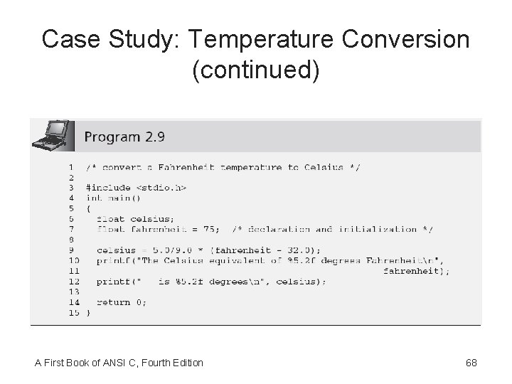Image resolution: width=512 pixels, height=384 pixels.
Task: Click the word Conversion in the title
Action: tap(405, 40)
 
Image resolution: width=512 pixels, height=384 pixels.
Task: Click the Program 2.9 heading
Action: tap(124, 135)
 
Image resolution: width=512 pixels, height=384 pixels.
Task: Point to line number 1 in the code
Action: tap(71, 168)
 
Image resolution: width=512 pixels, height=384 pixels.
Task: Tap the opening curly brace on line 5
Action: tap(88, 208)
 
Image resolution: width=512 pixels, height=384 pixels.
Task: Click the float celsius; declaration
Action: tap(136, 219)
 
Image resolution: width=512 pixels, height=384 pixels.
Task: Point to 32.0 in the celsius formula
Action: tap(302, 250)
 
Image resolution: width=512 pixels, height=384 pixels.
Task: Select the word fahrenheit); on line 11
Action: tap(416, 271)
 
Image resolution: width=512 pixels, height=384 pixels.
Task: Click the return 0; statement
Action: tap(122, 302)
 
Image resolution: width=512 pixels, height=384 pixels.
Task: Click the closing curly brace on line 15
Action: tap(88, 312)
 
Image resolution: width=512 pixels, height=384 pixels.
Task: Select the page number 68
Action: tap(471, 363)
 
